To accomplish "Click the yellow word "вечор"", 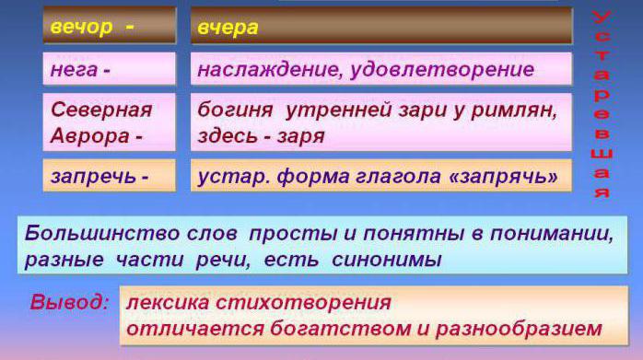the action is click(x=81, y=28).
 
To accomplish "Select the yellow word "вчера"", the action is click(x=228, y=28).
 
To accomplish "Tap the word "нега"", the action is click(x=75, y=69).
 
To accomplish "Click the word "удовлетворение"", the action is click(x=442, y=69).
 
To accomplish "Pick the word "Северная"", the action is click(x=101, y=110).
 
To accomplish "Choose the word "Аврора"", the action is click(x=89, y=135).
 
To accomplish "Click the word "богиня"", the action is click(x=235, y=110).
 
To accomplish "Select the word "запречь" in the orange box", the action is click(x=93, y=176).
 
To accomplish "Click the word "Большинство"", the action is click(x=102, y=233).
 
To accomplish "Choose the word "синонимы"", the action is click(x=387, y=260).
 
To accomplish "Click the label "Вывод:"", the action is click(x=70, y=302).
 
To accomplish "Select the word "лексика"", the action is click(x=168, y=303).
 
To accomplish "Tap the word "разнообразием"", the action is click(x=520, y=329).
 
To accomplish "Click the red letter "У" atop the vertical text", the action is click(x=602, y=17).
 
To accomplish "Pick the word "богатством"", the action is click(x=341, y=329).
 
